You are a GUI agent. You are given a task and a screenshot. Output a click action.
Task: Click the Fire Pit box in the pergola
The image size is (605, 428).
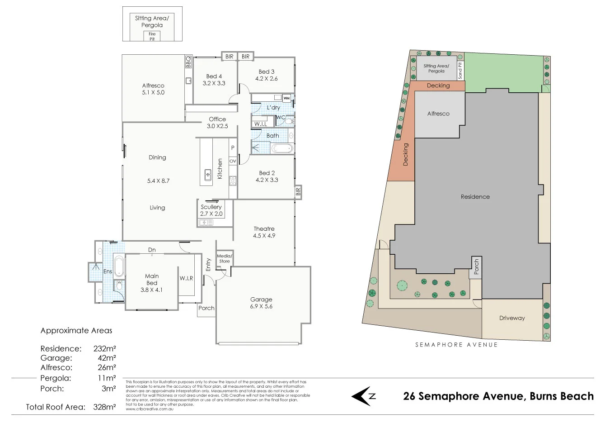pos(152,36)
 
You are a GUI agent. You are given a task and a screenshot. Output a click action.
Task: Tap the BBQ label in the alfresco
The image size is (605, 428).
pos(188,62)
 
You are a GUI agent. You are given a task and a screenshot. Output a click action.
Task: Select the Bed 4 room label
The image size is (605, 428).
pos(214,80)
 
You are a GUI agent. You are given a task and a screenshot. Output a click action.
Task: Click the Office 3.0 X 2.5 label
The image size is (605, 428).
pos(217,123)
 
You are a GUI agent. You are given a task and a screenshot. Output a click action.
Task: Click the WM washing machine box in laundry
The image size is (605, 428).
pos(287,98)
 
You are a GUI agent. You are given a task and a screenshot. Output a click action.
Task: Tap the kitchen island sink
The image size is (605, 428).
pos(208,173)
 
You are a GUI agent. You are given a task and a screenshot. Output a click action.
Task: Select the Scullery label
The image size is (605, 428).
pos(211,210)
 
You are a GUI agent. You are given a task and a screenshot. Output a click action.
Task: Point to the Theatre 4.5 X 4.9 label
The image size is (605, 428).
pos(264,232)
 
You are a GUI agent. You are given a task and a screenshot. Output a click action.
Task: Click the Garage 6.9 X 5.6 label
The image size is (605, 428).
pos(261,303)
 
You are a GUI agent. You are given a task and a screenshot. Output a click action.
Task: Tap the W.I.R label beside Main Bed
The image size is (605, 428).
pos(186,278)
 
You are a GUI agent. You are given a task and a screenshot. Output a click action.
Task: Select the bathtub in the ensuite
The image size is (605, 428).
pos(118,266)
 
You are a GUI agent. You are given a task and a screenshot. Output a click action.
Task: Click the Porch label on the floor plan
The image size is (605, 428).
pos(206,308)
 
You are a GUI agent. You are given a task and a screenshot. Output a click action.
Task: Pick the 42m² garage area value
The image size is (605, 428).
pos(108,358)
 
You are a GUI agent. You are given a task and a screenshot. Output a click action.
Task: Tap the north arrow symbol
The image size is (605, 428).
pos(364,396)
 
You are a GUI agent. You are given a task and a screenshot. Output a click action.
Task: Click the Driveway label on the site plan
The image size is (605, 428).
pos(512,318)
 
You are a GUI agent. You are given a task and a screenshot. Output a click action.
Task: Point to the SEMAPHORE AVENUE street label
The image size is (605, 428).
pos(456,345)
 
